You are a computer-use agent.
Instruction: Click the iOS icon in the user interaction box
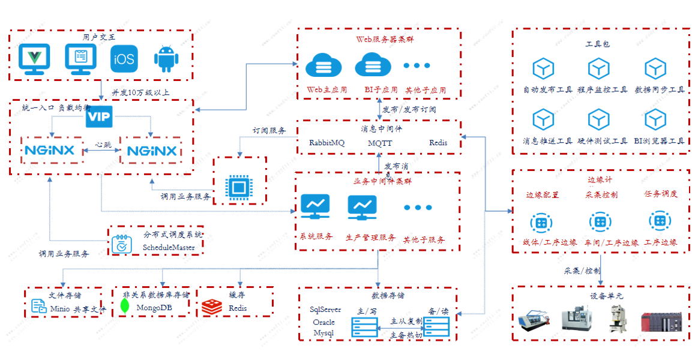pos(123,59)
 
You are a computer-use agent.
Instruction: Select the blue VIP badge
pos(99,117)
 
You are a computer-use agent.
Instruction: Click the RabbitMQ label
pos(326,143)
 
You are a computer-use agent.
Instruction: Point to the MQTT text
pos(380,143)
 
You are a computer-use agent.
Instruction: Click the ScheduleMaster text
pos(169,247)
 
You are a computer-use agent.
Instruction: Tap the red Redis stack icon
pos(211,306)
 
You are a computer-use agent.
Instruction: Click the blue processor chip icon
pos(238,185)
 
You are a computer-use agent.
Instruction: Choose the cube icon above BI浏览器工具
pos(655,69)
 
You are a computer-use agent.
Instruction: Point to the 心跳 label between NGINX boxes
pos(103,145)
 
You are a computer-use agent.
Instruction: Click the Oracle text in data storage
pos(324,322)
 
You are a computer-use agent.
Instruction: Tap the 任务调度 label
pos(661,194)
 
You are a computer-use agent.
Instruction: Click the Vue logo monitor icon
pos(34,59)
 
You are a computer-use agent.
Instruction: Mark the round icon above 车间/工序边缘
pos(600,221)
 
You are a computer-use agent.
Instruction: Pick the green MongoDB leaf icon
pos(125,306)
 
